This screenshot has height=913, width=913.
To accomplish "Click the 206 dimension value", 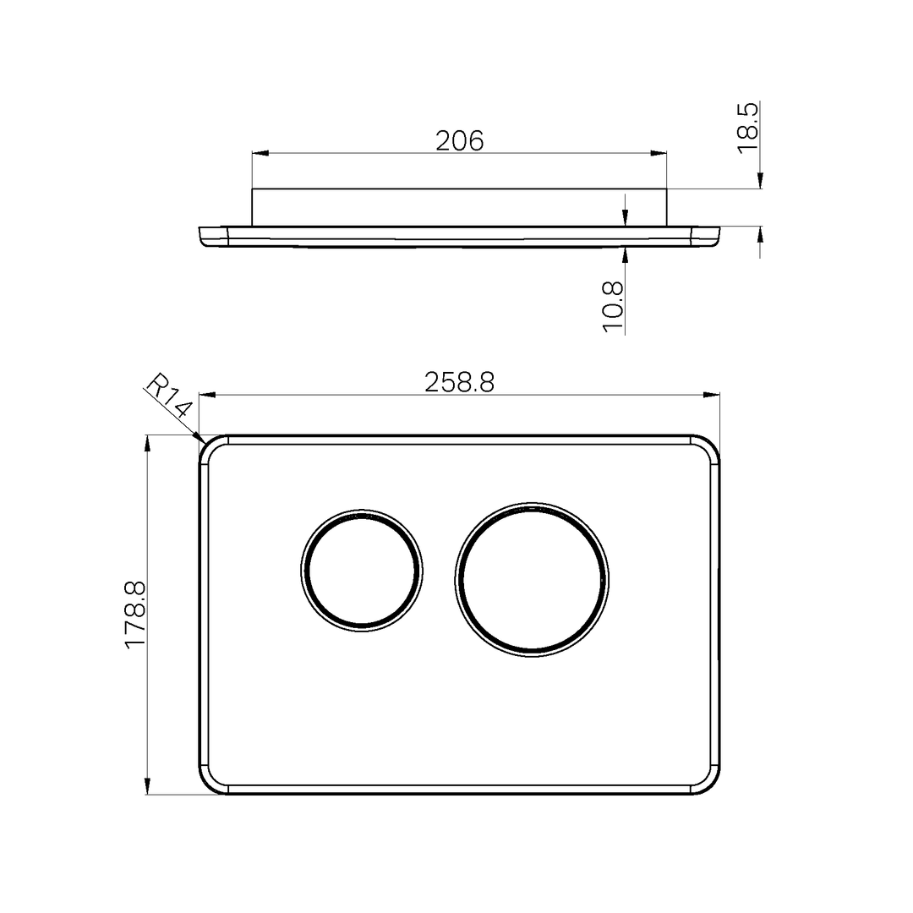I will point(459,140).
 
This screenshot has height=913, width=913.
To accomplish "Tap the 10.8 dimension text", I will point(614,306).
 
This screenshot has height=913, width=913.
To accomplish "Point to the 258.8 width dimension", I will point(459,382).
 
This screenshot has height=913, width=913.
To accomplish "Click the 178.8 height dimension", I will point(135,615).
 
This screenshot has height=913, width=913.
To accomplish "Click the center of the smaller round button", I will point(362,570).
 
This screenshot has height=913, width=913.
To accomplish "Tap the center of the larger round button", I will point(531,579).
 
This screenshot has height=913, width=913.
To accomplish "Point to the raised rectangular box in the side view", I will point(459,207).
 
